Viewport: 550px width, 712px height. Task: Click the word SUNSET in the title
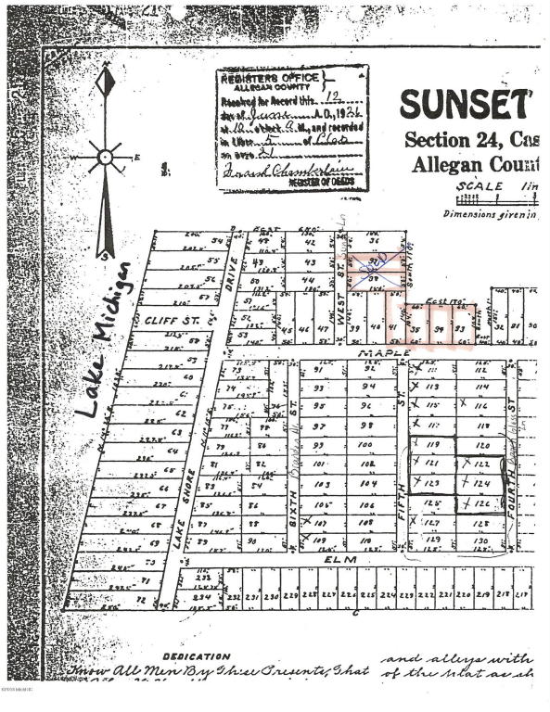click(465, 105)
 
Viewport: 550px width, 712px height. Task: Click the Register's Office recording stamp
click(292, 128)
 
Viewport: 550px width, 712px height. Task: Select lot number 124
click(480, 484)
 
